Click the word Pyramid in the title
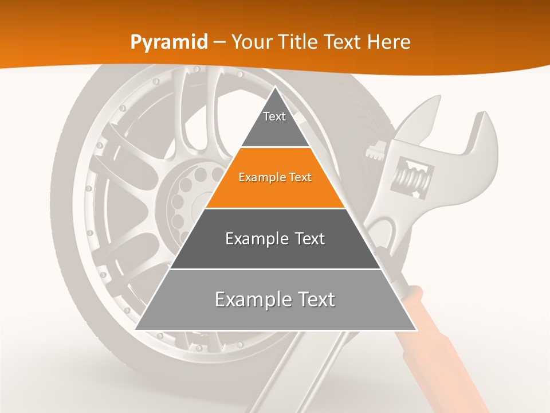pyautogui.click(x=169, y=42)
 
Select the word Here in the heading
pyautogui.click(x=389, y=42)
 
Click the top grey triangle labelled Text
pyautogui.click(x=275, y=123)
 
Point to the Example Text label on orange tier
pyautogui.click(x=275, y=177)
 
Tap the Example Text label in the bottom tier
pyautogui.click(x=275, y=299)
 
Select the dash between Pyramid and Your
pyautogui.click(x=219, y=42)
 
